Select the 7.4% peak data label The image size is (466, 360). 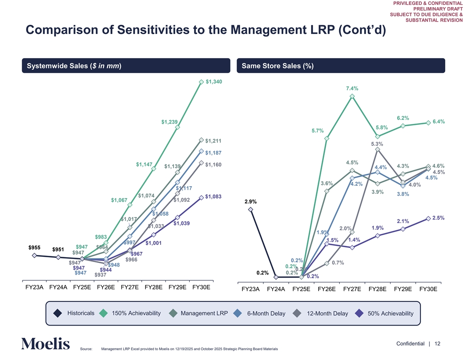pyautogui.click(x=352, y=88)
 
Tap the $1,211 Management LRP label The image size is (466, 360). pyautogui.click(x=213, y=141)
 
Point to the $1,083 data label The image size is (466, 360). pyautogui.click(x=213, y=196)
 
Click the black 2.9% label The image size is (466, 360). pyautogui.click(x=250, y=202)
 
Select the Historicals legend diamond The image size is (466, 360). pyautogui.click(x=58, y=313)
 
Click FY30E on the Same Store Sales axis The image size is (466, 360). pyautogui.click(x=428, y=289)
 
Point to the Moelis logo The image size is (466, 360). pyautogui.click(x=45, y=344)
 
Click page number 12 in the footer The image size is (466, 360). pyautogui.click(x=438, y=344)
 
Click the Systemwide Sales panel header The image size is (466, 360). pyautogui.click(x=74, y=66)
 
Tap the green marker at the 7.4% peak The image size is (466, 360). pyautogui.click(x=352, y=96)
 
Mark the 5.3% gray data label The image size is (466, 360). pyautogui.click(x=377, y=144)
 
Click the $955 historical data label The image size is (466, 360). pyautogui.click(x=34, y=247)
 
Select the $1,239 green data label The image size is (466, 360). pyautogui.click(x=169, y=122)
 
